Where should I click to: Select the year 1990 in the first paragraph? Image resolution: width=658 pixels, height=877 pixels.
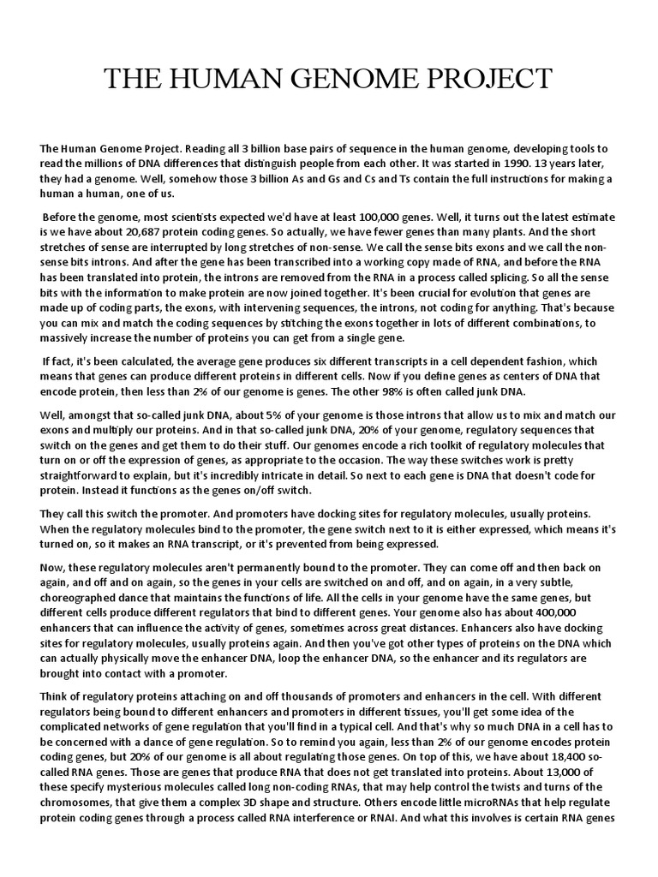(x=493, y=163)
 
